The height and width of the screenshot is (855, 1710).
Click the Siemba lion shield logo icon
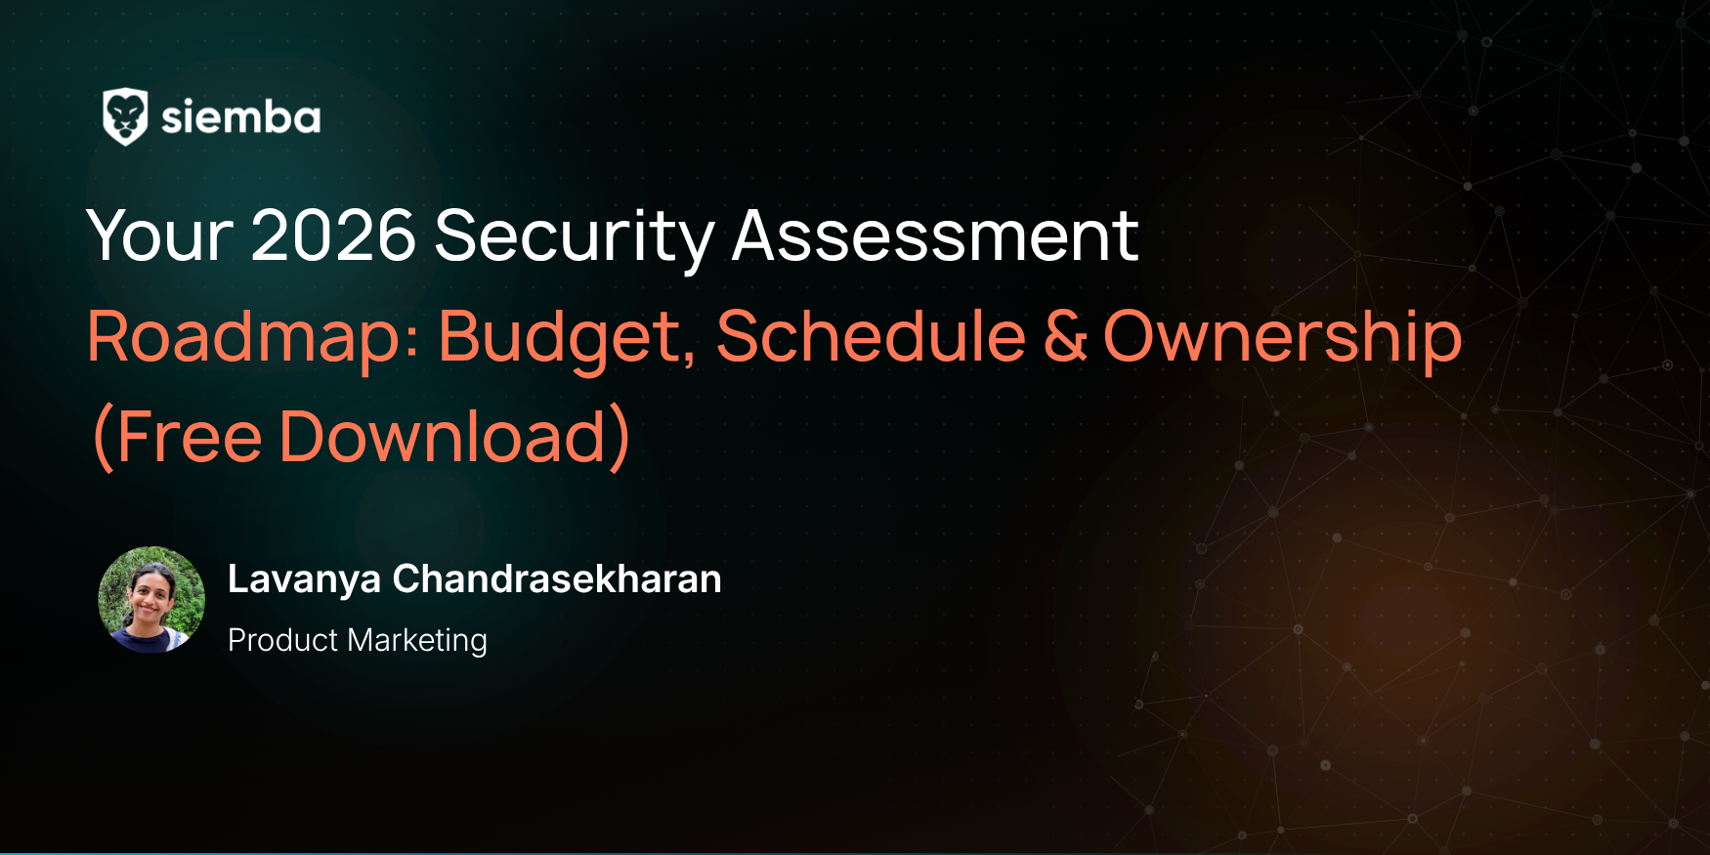point(125,117)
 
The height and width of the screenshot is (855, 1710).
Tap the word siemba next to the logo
point(240,117)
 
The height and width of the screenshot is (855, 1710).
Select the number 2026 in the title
point(333,235)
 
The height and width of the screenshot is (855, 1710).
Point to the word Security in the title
point(575,237)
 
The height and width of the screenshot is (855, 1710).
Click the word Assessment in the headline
point(935,235)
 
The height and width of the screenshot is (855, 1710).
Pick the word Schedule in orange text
point(872,336)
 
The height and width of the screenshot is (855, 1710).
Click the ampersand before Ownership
point(1065,336)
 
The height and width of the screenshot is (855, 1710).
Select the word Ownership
point(1283,338)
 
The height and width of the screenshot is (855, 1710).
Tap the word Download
point(443,436)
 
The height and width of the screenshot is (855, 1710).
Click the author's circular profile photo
point(151,599)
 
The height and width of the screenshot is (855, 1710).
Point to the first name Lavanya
point(304,580)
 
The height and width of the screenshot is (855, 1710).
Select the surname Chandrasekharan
point(557,578)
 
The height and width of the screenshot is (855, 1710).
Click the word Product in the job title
point(283,640)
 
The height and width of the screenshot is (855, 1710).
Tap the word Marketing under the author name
point(417,641)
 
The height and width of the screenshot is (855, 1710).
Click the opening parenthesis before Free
point(103,438)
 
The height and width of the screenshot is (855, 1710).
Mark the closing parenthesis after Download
point(620,438)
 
